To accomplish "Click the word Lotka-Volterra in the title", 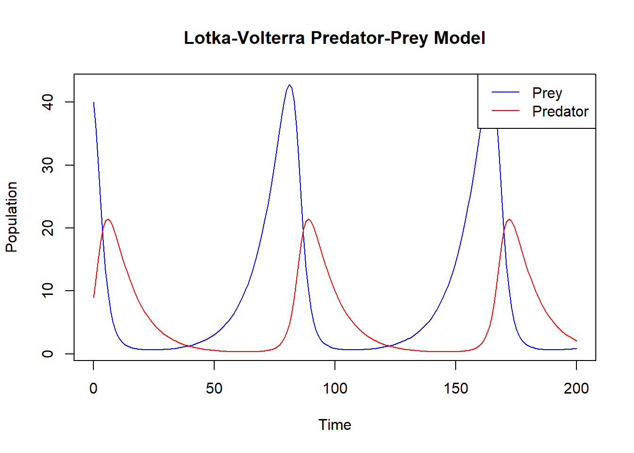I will (244, 38).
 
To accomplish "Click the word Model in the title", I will (459, 38).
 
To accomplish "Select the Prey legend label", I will (547, 93).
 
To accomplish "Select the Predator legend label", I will (560, 111).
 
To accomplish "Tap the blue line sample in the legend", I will (505, 92).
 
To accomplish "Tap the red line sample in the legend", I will (505, 111).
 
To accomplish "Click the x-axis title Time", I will (334, 425).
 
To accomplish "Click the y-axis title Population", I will (11, 217).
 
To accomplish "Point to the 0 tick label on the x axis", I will (93, 388).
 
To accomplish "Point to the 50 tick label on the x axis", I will (214, 388).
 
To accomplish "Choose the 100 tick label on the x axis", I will (335, 388).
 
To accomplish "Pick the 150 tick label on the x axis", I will (456, 388).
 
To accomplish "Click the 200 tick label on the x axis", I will (576, 388).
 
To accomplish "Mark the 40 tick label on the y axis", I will (48, 102).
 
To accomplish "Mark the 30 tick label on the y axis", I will (48, 165).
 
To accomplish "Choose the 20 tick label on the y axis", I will (48, 228).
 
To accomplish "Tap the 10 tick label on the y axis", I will (48, 291).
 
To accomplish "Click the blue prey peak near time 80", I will (289, 85).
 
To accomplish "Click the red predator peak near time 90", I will (309, 219).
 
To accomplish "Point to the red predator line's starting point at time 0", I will (94, 297).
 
